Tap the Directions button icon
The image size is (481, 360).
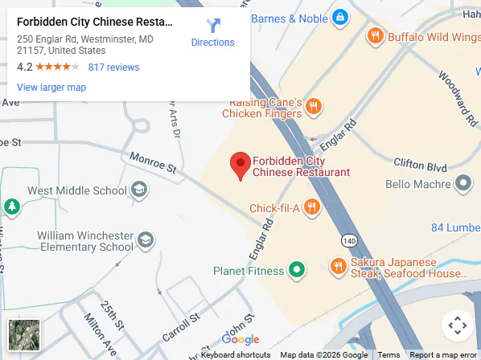(x=213, y=26)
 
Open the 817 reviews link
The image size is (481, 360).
(x=113, y=67)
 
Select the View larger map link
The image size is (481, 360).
(x=51, y=87)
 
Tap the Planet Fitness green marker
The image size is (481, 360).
(x=297, y=271)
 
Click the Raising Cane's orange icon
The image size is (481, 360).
(x=315, y=107)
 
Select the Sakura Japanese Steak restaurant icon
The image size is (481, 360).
(x=338, y=265)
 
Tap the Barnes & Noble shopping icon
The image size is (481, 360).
(x=340, y=17)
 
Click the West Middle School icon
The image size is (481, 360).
(x=139, y=190)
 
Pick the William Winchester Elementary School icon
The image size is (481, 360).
(x=146, y=239)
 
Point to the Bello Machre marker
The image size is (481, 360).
(x=462, y=185)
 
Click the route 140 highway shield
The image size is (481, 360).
(x=348, y=240)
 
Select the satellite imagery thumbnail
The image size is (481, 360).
(x=24, y=335)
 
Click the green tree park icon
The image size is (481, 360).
(x=12, y=207)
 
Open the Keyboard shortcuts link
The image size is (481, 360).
(x=236, y=354)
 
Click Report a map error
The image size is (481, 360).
(x=442, y=354)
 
